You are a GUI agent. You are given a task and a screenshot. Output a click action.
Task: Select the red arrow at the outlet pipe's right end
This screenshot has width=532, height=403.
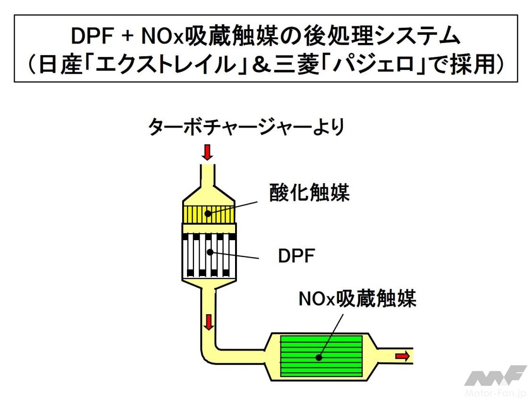[403, 356]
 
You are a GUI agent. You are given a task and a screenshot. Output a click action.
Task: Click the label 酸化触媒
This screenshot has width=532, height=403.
[309, 193]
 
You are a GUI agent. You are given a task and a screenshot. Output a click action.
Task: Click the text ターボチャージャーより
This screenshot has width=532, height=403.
[246, 127]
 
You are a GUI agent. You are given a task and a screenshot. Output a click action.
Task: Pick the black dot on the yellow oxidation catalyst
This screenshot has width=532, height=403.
[208, 213]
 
